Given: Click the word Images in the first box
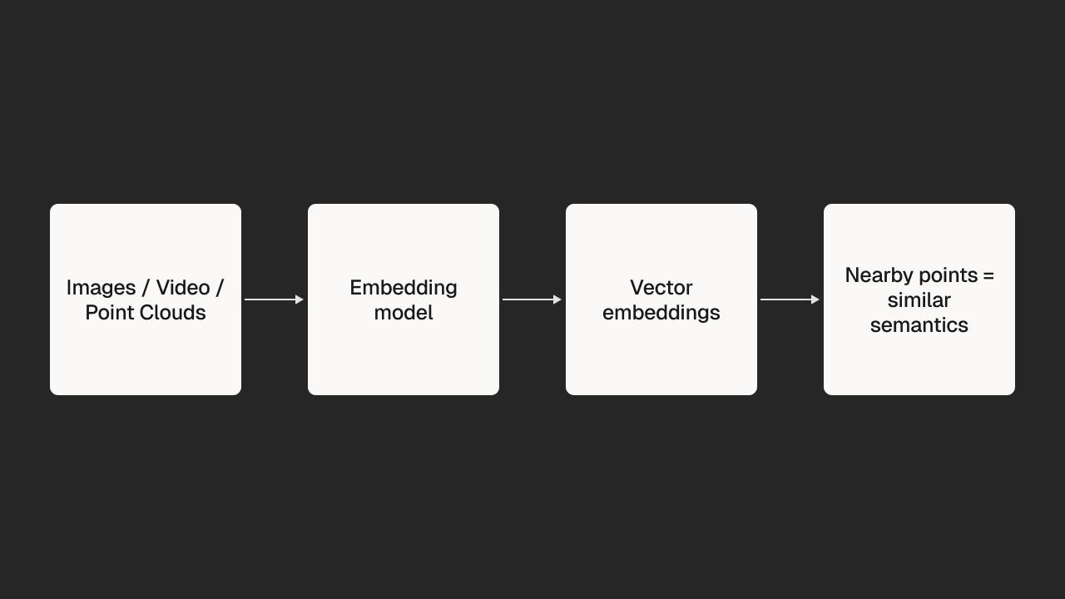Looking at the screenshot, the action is [x=101, y=289].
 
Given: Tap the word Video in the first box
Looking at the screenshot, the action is [x=183, y=288].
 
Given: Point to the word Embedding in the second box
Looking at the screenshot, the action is [x=404, y=289].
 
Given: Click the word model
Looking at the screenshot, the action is [x=404, y=313].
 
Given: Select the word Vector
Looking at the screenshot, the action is [x=661, y=288].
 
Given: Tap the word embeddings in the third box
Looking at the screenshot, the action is [x=661, y=314].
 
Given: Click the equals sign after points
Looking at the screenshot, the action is [x=988, y=275].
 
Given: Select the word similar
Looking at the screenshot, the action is [x=919, y=300].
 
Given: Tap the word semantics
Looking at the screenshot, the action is [x=919, y=325].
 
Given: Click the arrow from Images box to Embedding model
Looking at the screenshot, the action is [x=274, y=299].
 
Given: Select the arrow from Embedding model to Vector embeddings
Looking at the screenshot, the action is [x=532, y=299].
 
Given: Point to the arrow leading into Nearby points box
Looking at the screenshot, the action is [x=790, y=299].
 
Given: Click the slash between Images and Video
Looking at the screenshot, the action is [x=146, y=288].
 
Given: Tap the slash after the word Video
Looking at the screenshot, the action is [x=220, y=288].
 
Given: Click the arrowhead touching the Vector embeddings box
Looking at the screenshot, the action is [x=557, y=299].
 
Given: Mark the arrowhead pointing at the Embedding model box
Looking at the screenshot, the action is [x=300, y=299].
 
